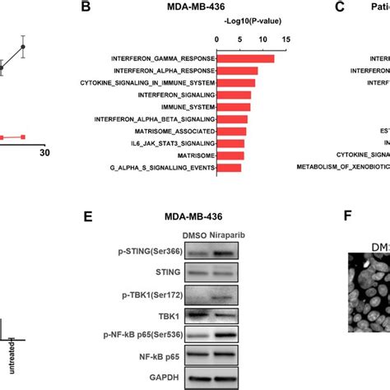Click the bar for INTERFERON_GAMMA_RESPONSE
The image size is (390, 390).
[x=245, y=58]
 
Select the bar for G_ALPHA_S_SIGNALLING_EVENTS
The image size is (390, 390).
[x=229, y=168]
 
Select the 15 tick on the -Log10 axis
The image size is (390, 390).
[x=286, y=39]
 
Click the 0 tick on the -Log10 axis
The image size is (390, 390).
[x=216, y=39]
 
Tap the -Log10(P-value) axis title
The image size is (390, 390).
[x=251, y=25]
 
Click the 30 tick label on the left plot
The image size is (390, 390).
[x=45, y=152]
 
